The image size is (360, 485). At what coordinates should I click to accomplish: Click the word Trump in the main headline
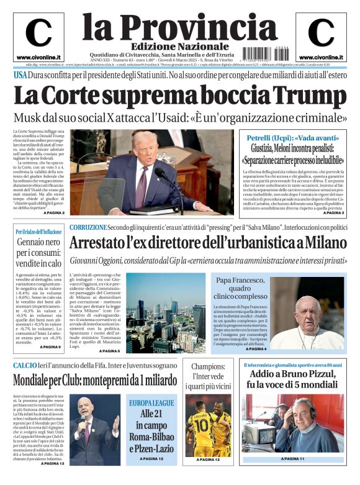click(310, 96)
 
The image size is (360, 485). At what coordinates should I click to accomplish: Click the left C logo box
click(38, 36)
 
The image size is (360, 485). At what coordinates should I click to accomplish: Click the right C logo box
click(321, 36)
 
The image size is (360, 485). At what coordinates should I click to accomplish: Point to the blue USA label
click(21, 75)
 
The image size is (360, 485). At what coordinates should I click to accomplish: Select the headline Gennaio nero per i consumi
click(38, 254)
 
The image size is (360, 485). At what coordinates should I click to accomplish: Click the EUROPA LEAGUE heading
click(152, 403)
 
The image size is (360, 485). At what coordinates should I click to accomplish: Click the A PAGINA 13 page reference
click(52, 463)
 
